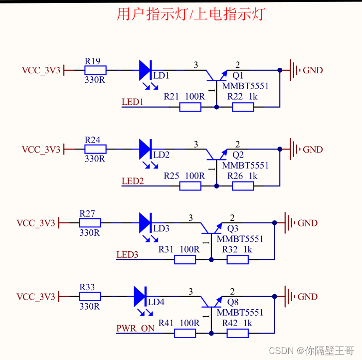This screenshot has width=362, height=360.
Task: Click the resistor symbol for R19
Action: [x=95, y=70]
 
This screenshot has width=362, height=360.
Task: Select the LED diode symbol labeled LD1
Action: [x=145, y=70]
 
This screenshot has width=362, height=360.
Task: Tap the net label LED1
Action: [x=133, y=102]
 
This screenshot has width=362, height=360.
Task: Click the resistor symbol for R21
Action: [x=190, y=107]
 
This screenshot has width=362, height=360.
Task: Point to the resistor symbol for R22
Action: [x=243, y=107]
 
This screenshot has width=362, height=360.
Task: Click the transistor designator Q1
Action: [x=238, y=76]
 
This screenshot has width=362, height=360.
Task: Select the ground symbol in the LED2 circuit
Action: [x=295, y=149]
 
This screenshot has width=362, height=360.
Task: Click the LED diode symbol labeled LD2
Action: [x=145, y=149]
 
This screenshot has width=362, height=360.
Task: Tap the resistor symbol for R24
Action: [x=95, y=149]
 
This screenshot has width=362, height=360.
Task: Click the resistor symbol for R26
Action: [x=243, y=186]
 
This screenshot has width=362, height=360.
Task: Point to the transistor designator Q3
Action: [x=232, y=229]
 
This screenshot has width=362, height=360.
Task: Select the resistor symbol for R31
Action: [x=185, y=259]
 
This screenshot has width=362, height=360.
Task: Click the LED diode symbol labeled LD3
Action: [x=145, y=222]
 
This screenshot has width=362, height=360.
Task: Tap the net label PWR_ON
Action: [x=135, y=329]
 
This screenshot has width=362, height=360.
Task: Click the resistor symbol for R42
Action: [x=237, y=333]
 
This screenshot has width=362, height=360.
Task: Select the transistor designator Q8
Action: [x=232, y=302]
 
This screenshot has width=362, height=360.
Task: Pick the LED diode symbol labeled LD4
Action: [x=140, y=296]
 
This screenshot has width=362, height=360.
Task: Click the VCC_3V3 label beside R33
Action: [x=36, y=297]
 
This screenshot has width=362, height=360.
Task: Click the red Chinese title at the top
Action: [x=190, y=14]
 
